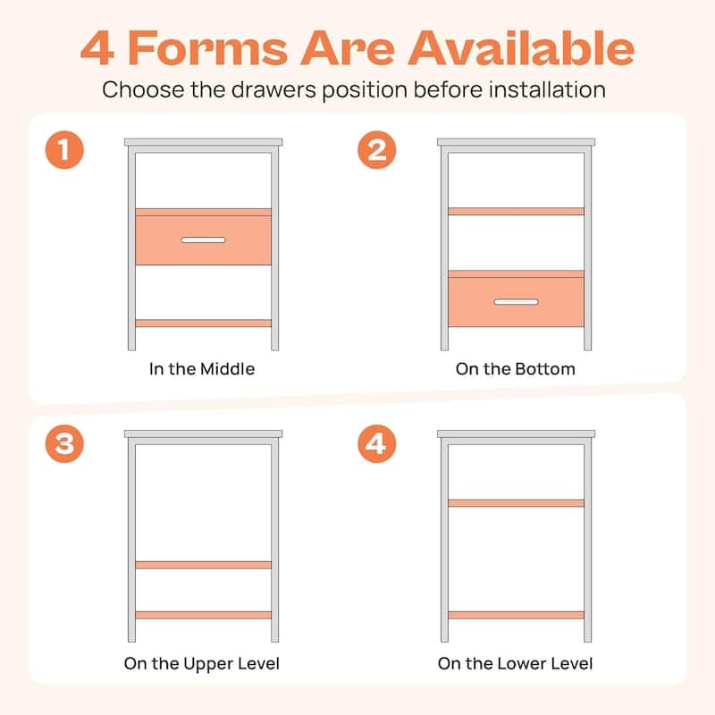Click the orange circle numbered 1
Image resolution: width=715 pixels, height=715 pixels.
[x=64, y=150]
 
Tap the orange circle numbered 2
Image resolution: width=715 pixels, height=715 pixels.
[x=376, y=150]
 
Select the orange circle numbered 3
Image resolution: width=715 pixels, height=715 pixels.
[x=64, y=443]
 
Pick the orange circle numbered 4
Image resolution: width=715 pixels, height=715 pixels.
[x=376, y=443]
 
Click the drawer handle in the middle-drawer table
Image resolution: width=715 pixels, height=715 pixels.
[x=204, y=240]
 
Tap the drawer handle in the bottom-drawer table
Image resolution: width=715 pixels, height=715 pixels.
[x=517, y=302]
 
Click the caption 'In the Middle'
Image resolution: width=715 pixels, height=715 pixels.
[x=202, y=369]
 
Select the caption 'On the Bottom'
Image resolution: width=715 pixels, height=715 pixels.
[x=516, y=369]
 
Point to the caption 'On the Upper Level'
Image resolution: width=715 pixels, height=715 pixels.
[x=202, y=664]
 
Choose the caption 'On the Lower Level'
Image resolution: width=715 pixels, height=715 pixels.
[x=516, y=663]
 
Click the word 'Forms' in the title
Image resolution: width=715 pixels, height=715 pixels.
[x=208, y=48]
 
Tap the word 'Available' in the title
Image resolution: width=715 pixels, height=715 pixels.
[x=521, y=48]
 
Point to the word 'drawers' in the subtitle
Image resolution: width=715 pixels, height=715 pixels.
[x=273, y=90]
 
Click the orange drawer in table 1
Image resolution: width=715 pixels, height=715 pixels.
[x=204, y=237]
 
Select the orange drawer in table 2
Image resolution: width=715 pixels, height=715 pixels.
[x=517, y=299]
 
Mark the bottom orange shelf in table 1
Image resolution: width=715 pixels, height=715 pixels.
[x=204, y=324]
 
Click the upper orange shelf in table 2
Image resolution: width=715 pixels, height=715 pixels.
[x=517, y=211]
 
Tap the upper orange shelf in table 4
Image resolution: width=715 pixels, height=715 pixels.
[x=517, y=503]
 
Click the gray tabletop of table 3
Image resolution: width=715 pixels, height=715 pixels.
[x=204, y=433]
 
